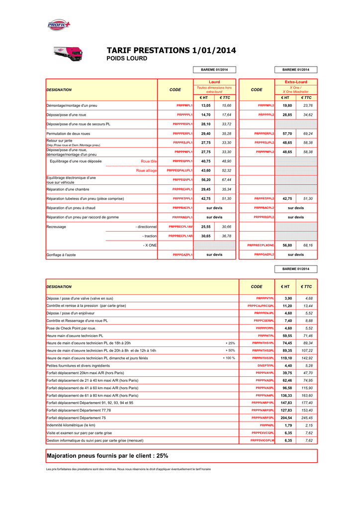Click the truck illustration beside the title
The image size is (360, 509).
(68, 54)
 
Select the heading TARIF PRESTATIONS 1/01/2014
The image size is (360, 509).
(171, 50)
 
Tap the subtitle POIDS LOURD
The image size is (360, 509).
(127, 59)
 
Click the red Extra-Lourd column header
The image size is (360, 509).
(295, 82)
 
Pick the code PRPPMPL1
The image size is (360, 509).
(184, 106)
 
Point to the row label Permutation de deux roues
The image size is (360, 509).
(69, 134)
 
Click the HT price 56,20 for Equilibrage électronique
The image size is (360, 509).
(205, 179)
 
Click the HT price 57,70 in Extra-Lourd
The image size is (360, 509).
(287, 134)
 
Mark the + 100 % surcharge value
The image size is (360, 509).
(229, 358)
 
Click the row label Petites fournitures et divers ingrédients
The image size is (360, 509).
(79, 365)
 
